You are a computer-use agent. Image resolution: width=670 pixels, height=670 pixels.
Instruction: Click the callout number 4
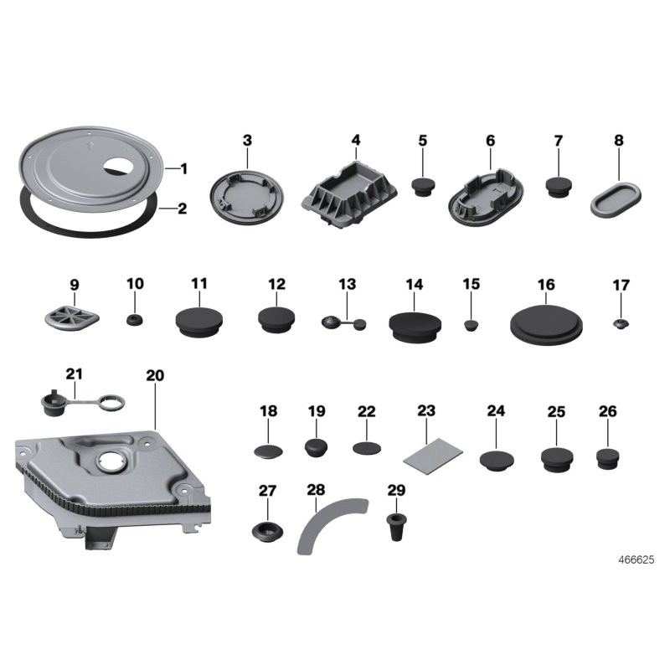pyautogui.click(x=356, y=140)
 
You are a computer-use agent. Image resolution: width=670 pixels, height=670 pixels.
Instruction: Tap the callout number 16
pyautogui.click(x=546, y=285)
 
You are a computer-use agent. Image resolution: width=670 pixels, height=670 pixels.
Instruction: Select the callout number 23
pyautogui.click(x=426, y=410)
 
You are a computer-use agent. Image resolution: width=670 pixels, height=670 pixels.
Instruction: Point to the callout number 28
pyautogui.click(x=316, y=490)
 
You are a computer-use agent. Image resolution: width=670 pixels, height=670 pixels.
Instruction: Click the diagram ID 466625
pyautogui.click(x=636, y=559)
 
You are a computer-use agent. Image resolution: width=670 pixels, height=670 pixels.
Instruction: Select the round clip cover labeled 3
pyautogui.click(x=246, y=198)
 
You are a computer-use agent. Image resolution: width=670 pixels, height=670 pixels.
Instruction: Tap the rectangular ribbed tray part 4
pyautogui.click(x=349, y=194)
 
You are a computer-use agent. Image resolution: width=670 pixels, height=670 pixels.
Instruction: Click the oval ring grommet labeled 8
pyautogui.click(x=616, y=198)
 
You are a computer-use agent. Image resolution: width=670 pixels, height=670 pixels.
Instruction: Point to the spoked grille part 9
pyautogui.click(x=72, y=317)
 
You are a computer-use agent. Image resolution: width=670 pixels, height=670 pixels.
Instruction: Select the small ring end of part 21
pyautogui.click(x=113, y=402)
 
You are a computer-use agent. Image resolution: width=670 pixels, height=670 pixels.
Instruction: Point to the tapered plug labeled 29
pyautogui.click(x=396, y=528)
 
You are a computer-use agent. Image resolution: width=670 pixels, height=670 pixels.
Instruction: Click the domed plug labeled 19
pyautogui.click(x=317, y=447)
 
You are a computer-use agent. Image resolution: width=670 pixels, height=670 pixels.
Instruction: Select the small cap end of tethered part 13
pyautogui.click(x=360, y=324)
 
